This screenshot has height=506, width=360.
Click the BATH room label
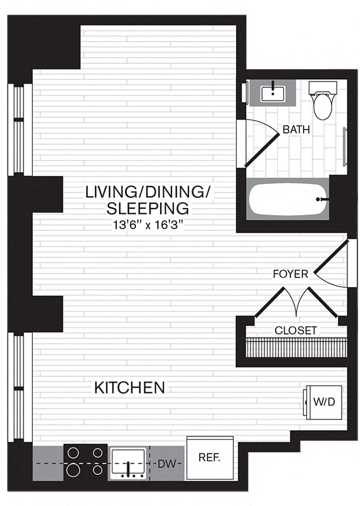[x=296, y=130]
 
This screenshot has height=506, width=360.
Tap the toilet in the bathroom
[x=323, y=101]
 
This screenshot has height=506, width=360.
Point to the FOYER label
[x=290, y=274]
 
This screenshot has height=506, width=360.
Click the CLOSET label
[x=295, y=330]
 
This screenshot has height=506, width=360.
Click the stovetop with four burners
[x=85, y=462]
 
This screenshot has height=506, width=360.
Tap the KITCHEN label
[x=130, y=388]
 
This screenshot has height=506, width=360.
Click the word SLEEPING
[x=139, y=208]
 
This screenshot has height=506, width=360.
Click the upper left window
[x=19, y=130]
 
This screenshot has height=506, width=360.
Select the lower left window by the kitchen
[x=19, y=386]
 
